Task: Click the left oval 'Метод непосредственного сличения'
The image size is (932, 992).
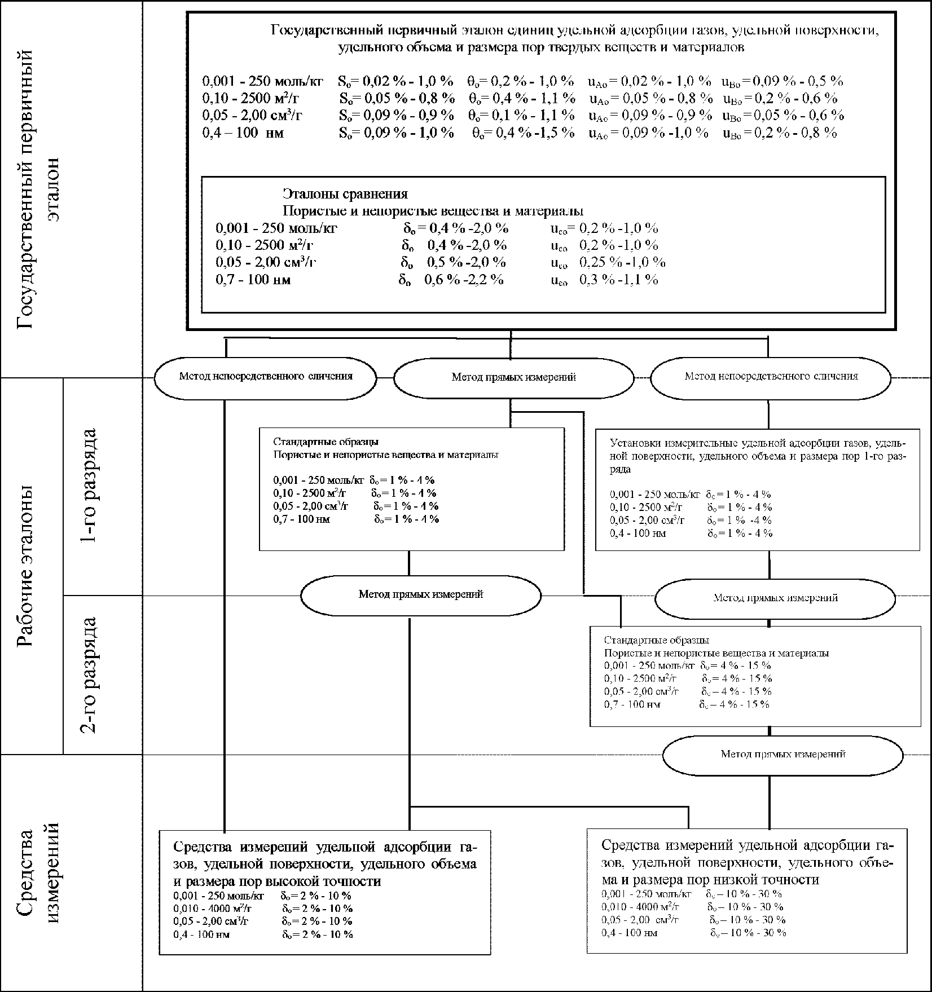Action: tap(266, 377)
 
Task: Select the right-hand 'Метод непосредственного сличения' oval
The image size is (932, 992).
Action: tap(771, 376)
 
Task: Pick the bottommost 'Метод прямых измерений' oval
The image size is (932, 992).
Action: tap(782, 754)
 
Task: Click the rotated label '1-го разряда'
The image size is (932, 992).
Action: tap(89, 486)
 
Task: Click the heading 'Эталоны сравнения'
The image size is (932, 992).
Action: tap(345, 194)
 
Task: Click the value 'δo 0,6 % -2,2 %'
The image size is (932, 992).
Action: tap(451, 280)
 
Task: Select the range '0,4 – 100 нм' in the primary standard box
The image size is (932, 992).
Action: tap(243, 133)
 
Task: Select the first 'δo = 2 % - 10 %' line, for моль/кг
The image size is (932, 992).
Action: tap(316, 896)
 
